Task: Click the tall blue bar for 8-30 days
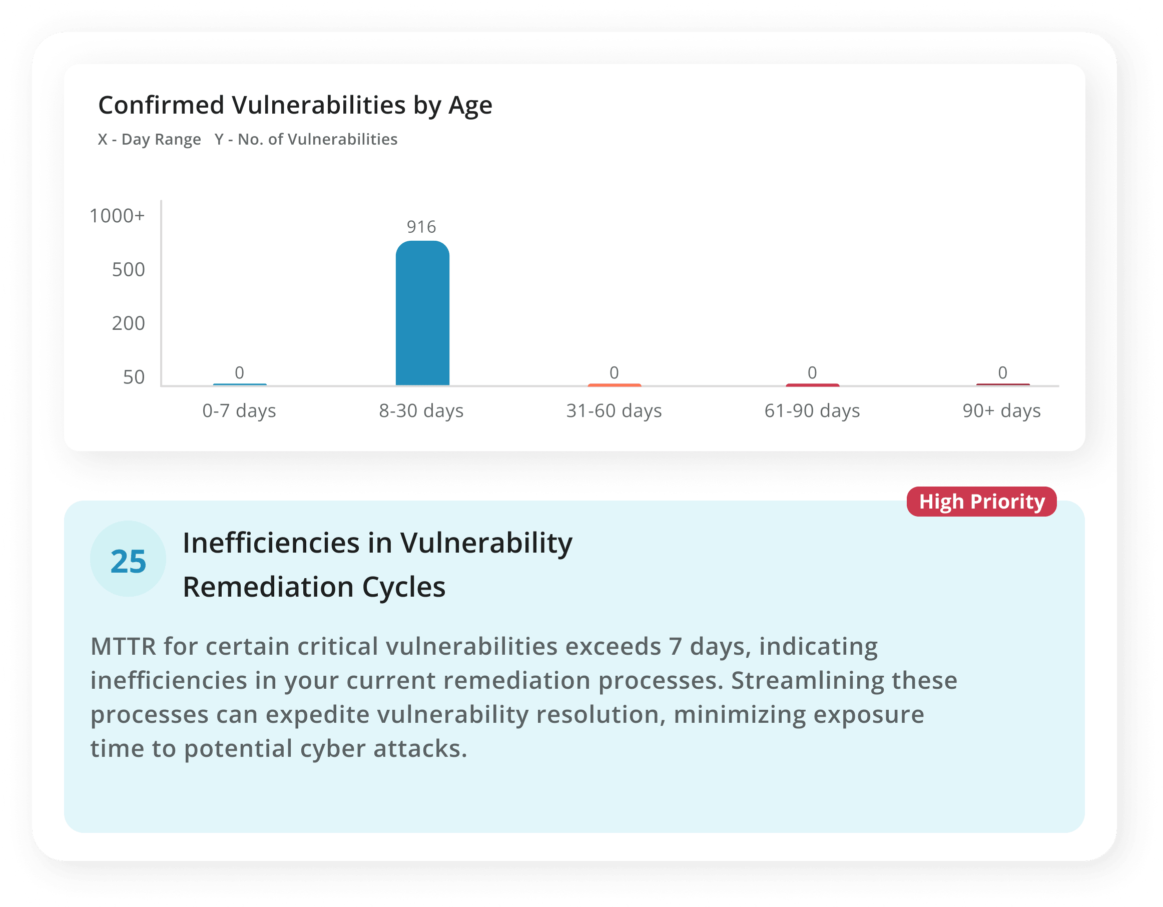(x=422, y=313)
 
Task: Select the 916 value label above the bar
(x=421, y=227)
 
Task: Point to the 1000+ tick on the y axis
(x=117, y=216)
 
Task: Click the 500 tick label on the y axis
(x=128, y=269)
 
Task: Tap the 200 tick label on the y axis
(x=128, y=323)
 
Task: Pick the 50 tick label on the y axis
(x=134, y=377)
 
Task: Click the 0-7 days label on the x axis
(x=239, y=411)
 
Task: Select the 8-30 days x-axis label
(x=421, y=411)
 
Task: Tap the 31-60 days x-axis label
(x=614, y=411)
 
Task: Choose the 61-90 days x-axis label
(x=812, y=411)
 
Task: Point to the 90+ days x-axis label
(x=1002, y=411)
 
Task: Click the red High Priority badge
(x=981, y=502)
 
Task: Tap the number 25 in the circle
(x=128, y=561)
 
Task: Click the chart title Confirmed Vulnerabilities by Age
(x=295, y=106)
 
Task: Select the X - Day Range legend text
(x=149, y=140)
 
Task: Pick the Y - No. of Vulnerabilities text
(x=306, y=140)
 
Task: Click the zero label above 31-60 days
(x=614, y=373)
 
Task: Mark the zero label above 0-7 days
(x=240, y=373)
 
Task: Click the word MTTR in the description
(x=124, y=647)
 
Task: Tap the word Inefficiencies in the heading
(x=271, y=543)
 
